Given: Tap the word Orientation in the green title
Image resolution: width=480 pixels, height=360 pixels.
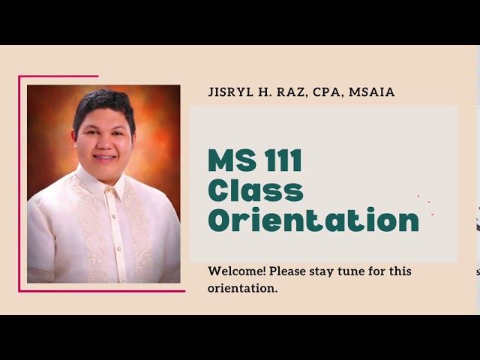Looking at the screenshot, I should [313, 220].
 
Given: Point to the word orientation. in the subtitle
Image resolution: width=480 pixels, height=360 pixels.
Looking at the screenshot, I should [243, 288].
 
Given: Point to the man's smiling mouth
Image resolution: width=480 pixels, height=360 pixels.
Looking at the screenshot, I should [104, 157].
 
